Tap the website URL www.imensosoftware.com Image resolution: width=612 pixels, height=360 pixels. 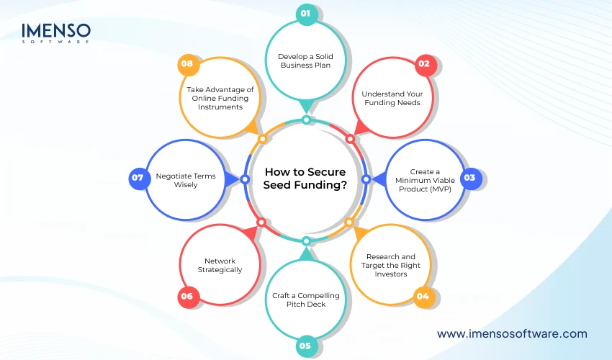(x=512, y=333)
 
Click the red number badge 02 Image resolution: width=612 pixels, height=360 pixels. (x=424, y=63)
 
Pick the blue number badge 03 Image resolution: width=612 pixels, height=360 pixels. (x=469, y=177)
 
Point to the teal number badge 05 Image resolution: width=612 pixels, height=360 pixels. (x=306, y=346)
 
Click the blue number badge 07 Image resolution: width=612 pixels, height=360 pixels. (x=139, y=178)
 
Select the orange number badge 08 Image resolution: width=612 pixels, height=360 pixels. (x=187, y=63)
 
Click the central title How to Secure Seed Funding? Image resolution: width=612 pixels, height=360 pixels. (x=305, y=178)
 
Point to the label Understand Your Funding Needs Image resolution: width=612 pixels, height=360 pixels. (x=392, y=99)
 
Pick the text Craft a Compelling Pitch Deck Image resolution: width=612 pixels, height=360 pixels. (x=306, y=300)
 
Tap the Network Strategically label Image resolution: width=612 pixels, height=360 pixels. (x=220, y=265)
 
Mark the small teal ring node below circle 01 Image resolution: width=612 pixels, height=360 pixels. (x=306, y=120)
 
